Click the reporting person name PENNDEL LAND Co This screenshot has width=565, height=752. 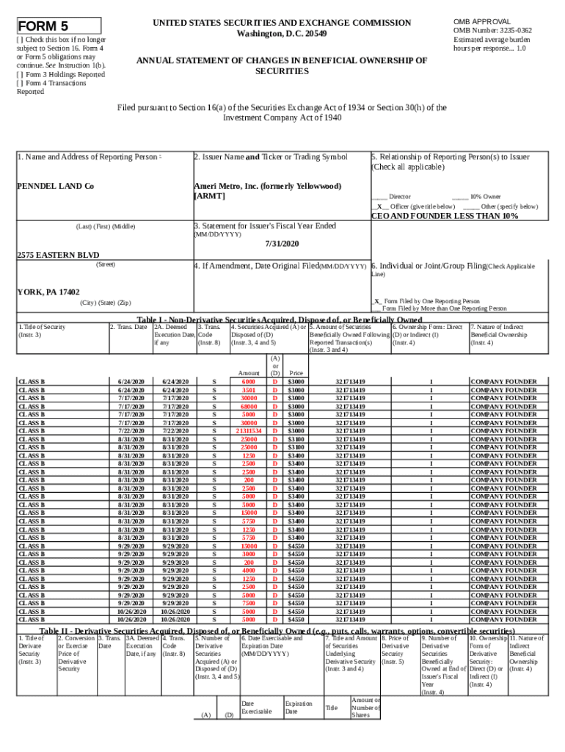point(55,186)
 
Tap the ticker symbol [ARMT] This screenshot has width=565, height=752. point(210,196)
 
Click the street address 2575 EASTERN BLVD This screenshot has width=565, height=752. point(58,254)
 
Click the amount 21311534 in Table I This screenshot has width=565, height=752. point(248,430)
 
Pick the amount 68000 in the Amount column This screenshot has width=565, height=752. point(248,405)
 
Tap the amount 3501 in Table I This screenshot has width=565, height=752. point(248,389)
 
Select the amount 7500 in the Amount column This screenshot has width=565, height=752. point(248,602)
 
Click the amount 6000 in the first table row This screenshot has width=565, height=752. point(248,381)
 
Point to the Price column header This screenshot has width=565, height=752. point(296,372)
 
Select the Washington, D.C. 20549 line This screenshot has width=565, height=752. point(282,35)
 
